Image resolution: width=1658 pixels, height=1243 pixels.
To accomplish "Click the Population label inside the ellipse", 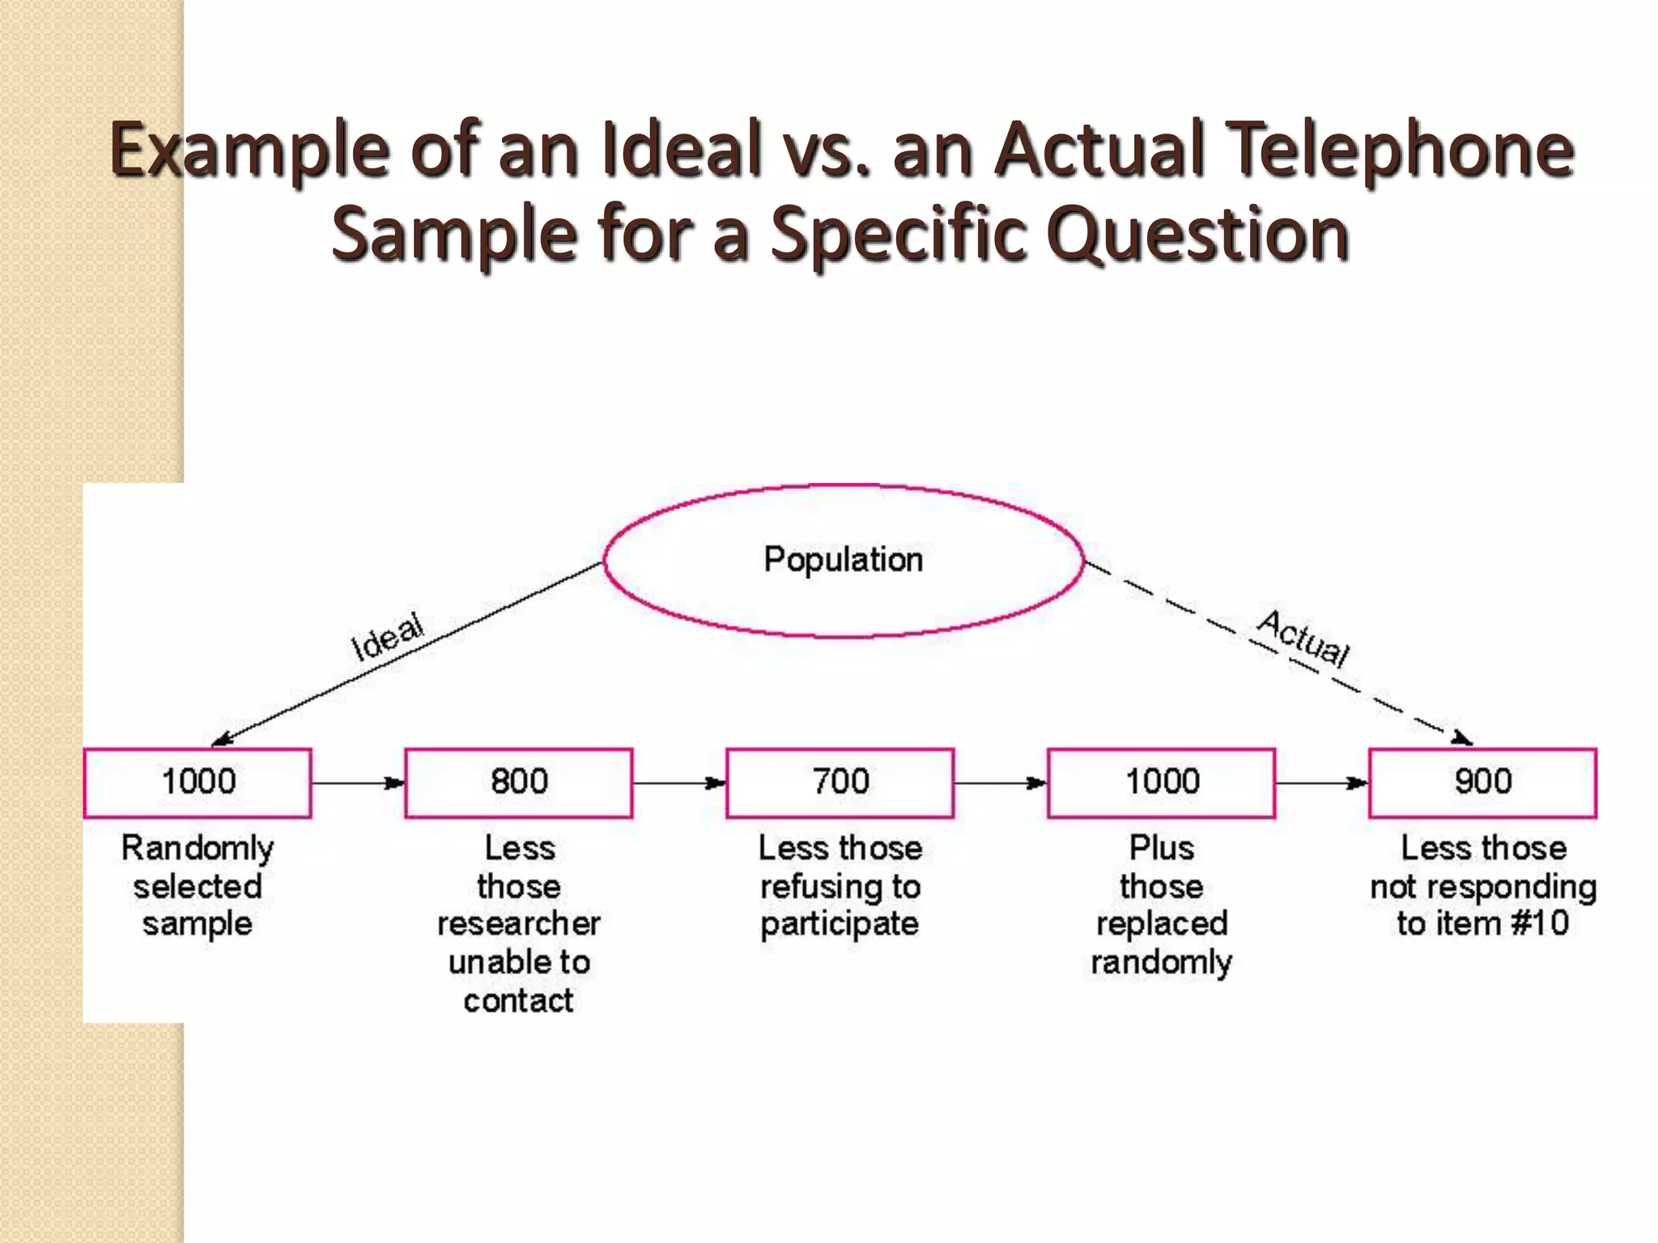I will click(x=843, y=560).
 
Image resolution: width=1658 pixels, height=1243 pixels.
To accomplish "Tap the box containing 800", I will click(x=518, y=783).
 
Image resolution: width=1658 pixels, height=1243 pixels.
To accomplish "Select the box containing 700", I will click(x=840, y=783).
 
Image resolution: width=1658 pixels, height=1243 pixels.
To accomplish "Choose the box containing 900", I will click(x=1482, y=783).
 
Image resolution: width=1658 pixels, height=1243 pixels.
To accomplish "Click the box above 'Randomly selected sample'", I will click(x=198, y=783).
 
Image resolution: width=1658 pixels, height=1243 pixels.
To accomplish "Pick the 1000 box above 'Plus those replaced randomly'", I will click(x=1162, y=783).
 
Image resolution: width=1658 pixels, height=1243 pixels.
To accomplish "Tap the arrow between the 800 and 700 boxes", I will click(x=679, y=783).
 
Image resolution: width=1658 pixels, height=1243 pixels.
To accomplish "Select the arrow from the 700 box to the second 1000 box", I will click(x=1001, y=783).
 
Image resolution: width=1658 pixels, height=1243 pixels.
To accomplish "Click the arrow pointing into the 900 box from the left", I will click(x=1321, y=783).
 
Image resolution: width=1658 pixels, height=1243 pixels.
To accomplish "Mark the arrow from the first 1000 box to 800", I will click(x=358, y=783).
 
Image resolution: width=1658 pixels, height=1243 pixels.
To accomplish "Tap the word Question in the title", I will click(x=1197, y=235).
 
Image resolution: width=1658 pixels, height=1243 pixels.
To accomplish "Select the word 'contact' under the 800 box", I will click(x=518, y=1001).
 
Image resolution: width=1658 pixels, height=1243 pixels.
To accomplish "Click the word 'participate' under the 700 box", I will click(x=840, y=924).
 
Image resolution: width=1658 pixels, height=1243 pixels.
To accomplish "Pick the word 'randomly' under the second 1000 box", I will click(x=1162, y=963).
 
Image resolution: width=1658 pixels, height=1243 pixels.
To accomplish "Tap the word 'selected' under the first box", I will click(x=198, y=886).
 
